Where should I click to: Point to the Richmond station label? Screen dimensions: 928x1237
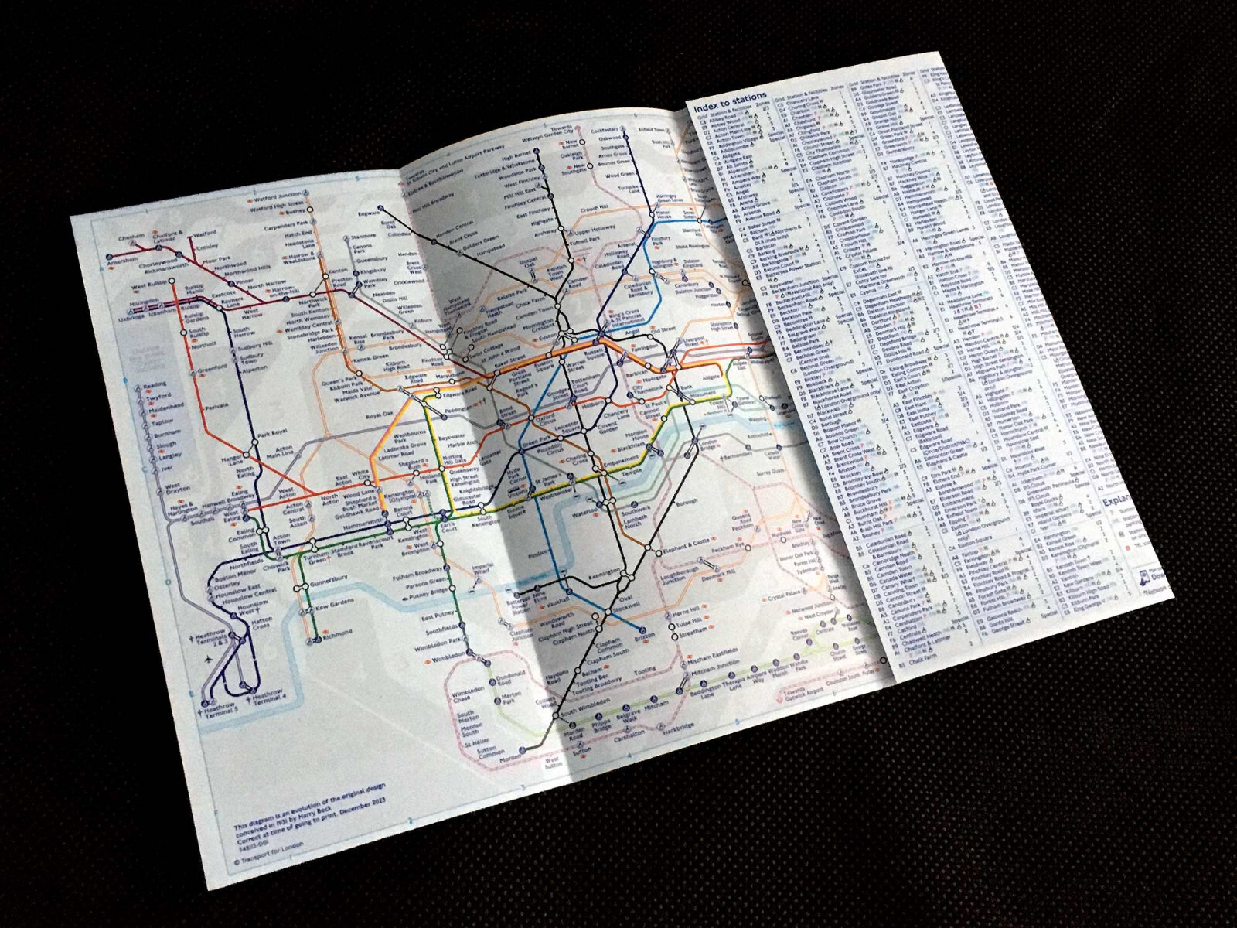tap(338, 633)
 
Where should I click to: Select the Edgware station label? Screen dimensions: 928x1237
tap(370, 210)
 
